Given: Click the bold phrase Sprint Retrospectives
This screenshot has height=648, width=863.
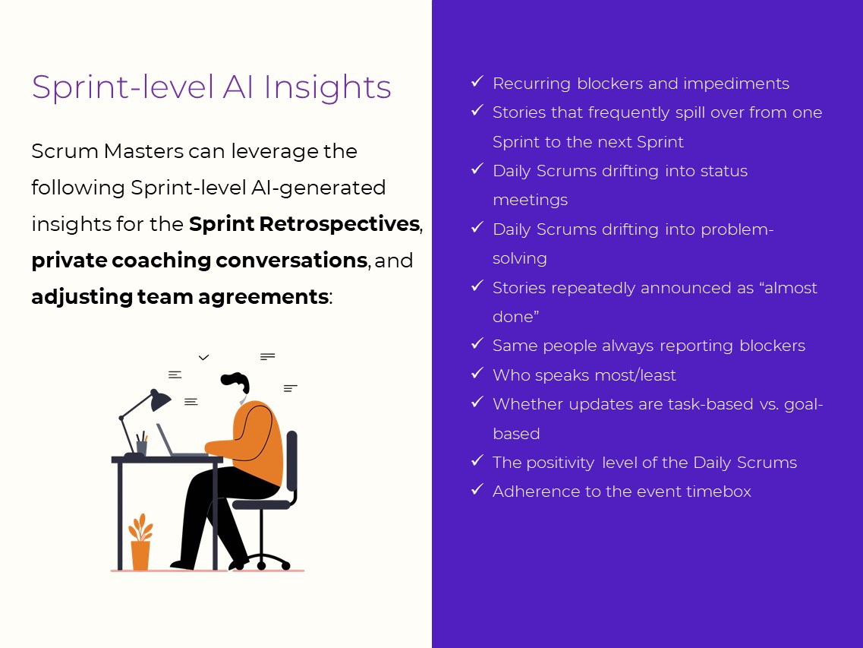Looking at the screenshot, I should click(x=304, y=224).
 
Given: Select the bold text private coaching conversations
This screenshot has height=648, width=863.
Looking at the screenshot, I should click(x=199, y=261).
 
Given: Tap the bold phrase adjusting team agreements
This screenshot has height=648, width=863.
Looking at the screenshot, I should click(x=180, y=297).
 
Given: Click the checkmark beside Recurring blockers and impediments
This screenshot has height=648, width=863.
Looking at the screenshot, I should click(x=477, y=81).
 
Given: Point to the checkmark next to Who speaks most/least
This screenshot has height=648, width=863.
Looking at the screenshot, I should click(x=477, y=373).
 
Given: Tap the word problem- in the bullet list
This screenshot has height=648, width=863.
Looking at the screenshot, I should click(x=729, y=229).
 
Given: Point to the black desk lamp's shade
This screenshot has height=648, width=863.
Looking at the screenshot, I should click(x=159, y=400).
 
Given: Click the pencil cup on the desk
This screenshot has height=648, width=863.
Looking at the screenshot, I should click(x=141, y=446).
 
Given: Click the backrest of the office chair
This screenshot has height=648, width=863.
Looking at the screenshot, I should click(x=291, y=463).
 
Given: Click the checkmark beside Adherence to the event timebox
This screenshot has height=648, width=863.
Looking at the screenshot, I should click(x=477, y=489).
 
